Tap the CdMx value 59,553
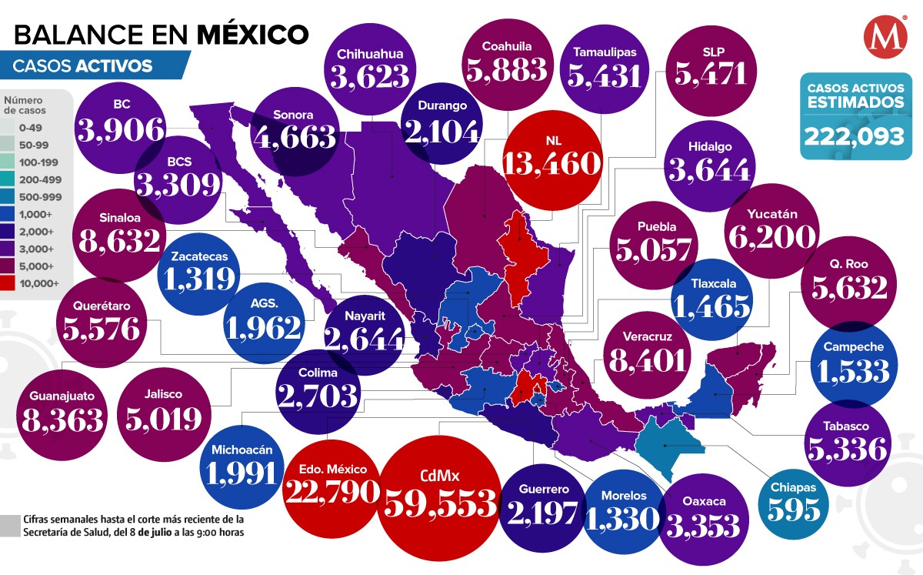[x=440, y=503]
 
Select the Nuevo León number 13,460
[x=550, y=163]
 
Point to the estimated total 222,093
[x=854, y=136]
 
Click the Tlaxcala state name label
[x=710, y=282]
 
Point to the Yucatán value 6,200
[x=771, y=237]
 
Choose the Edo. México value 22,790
[x=332, y=491]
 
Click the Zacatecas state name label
[x=199, y=257]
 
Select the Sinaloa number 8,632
[x=119, y=240]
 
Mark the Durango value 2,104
[x=442, y=132]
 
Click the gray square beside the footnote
[x=10, y=525]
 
